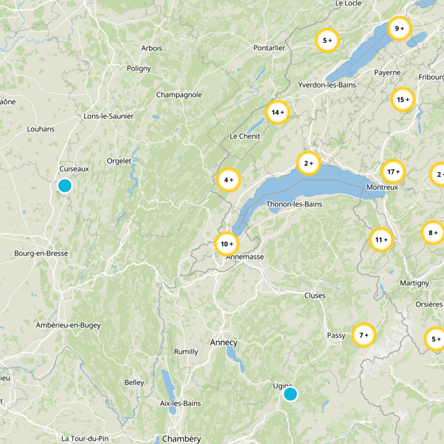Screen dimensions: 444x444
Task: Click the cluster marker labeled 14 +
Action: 277,112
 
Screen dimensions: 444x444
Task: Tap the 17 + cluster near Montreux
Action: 394,171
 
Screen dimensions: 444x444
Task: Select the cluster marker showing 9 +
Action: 399,28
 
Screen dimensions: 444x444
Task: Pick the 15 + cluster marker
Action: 403,100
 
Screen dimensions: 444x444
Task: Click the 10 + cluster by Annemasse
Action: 226,244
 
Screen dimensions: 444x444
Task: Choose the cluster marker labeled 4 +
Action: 228,179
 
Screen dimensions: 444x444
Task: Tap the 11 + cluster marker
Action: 382,240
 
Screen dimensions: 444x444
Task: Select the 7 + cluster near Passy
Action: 364,335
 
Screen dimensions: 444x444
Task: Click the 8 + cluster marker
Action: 433,233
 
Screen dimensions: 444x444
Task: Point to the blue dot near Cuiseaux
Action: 65,185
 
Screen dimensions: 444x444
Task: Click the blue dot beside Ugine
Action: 290,394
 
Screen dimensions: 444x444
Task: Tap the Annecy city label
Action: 224,342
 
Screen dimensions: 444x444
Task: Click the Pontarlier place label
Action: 269,48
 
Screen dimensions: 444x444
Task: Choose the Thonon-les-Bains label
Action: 294,204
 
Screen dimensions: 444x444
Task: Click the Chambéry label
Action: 181,439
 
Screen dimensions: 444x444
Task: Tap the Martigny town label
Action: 415,283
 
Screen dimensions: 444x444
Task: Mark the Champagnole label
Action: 179,95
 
